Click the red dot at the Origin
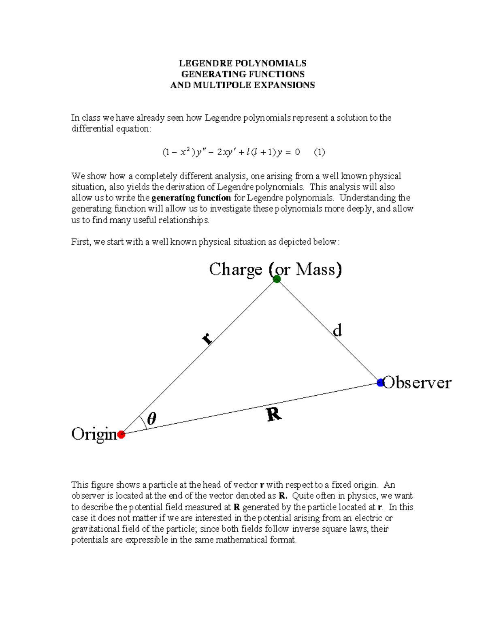pos(121,435)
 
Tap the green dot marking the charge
pos(277,279)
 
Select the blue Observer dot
pos(380,382)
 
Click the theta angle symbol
pos(151,419)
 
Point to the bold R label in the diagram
pos(274,414)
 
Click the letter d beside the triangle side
pos(337,330)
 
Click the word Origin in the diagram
pos(94,434)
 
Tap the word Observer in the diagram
pos(417,383)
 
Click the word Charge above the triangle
pos(235,269)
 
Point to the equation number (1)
pos(319,152)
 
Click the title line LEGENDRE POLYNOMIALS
pos(243,63)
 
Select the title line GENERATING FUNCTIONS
pos(243,74)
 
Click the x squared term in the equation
pos(184,152)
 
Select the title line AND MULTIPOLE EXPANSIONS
pos(243,85)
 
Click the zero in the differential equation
pos(297,152)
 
